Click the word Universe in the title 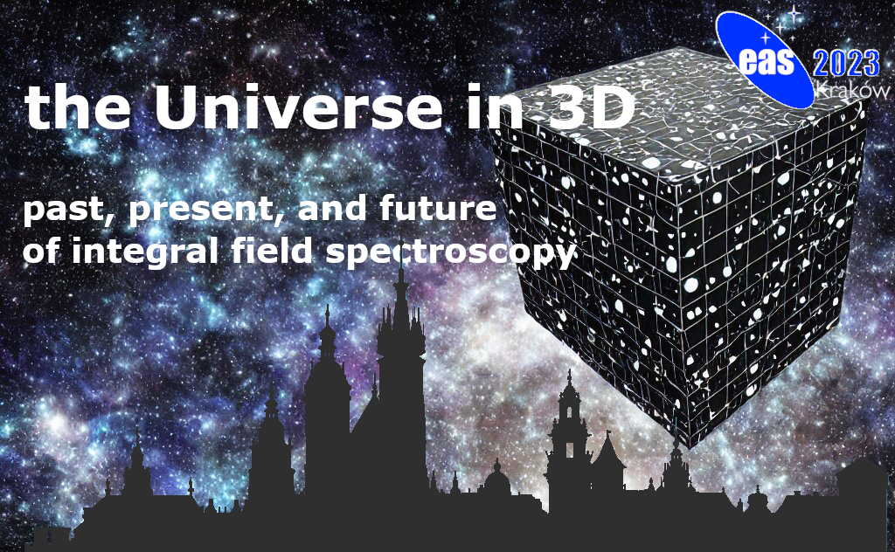coord(297,107)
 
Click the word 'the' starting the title coord(78,107)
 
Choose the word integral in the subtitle coord(145,252)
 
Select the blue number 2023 coord(846,64)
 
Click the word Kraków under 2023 coord(853,90)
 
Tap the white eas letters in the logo coord(767,62)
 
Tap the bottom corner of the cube coord(690,449)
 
